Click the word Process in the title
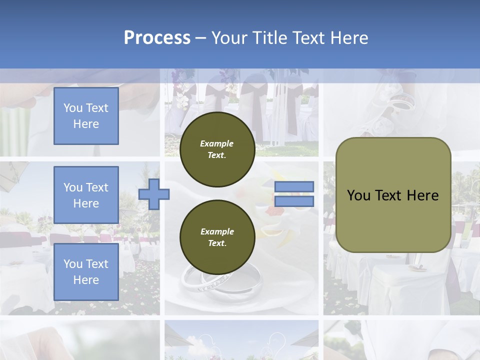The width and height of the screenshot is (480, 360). [157, 38]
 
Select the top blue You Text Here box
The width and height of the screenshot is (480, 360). [86, 116]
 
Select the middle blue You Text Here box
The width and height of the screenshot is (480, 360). [86, 195]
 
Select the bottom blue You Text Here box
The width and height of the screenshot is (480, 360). [86, 271]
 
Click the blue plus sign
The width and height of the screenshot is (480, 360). [154, 194]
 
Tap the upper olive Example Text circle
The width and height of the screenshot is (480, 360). [217, 149]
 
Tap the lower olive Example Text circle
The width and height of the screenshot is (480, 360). [217, 237]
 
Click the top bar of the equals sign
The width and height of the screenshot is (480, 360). [294, 186]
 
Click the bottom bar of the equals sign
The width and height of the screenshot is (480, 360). [294, 201]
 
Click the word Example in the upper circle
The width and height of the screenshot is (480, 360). [217, 143]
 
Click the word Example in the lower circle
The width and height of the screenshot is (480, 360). [217, 231]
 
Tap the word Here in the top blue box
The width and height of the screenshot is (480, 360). [86, 124]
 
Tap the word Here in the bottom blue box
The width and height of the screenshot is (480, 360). [86, 280]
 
